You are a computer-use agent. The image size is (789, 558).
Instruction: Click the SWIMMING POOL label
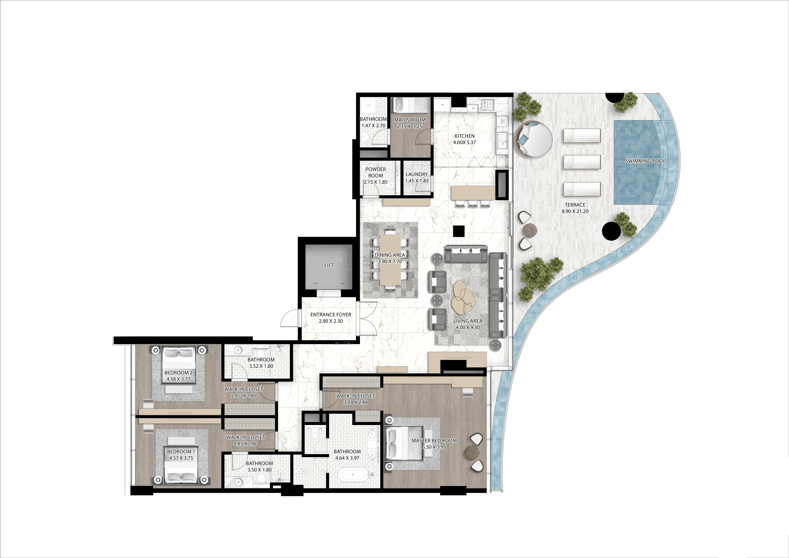(x=645, y=161)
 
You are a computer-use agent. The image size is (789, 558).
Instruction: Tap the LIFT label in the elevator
(x=329, y=265)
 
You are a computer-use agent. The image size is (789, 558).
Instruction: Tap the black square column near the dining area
(x=459, y=231)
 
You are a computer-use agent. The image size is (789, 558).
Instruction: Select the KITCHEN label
(x=464, y=136)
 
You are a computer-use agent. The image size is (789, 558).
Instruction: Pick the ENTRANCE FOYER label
(x=331, y=315)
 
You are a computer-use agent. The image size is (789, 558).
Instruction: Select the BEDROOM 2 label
(x=178, y=373)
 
